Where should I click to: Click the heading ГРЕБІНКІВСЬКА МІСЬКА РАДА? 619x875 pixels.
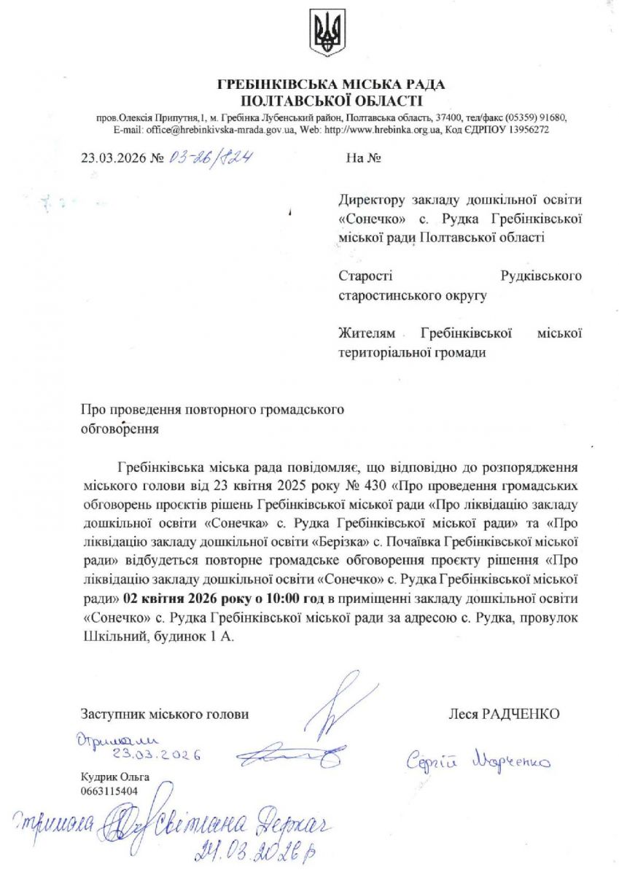330,85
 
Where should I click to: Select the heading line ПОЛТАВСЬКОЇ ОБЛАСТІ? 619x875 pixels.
331,101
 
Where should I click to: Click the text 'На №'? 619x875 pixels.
363,156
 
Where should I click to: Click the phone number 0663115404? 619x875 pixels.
109,790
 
